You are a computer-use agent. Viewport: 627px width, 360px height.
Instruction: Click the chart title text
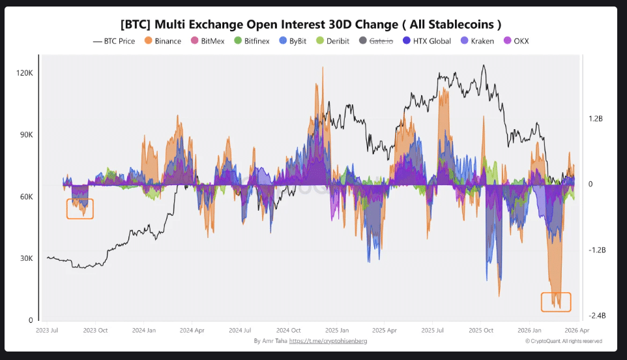point(310,24)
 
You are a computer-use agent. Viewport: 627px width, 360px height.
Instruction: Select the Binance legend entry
point(163,41)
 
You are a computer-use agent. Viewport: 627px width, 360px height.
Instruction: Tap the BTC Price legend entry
point(114,41)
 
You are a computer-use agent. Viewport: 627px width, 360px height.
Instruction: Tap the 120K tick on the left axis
point(25,73)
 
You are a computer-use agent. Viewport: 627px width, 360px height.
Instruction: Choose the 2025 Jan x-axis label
point(336,330)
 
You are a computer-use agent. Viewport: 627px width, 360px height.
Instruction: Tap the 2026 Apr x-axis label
point(576,330)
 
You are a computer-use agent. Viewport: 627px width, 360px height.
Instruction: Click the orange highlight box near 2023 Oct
point(80,209)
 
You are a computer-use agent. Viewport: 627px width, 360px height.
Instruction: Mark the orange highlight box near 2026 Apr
point(556,302)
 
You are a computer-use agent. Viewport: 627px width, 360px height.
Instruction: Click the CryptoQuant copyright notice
point(563,340)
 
